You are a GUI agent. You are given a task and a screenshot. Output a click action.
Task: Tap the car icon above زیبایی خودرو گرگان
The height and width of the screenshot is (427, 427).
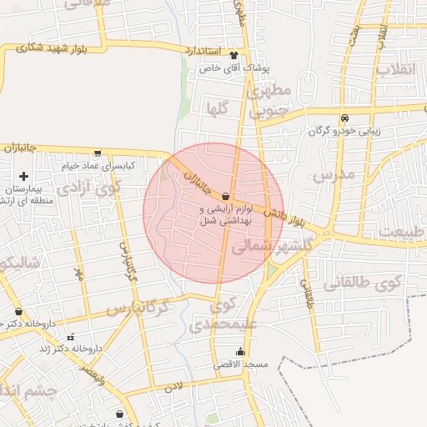[344, 118]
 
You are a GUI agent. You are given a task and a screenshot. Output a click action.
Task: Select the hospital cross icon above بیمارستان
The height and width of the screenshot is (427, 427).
[23, 176]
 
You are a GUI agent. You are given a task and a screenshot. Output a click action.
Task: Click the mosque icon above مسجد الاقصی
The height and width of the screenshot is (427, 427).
[241, 352]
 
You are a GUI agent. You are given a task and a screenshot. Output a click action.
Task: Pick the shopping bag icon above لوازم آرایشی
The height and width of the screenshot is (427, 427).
[226, 196]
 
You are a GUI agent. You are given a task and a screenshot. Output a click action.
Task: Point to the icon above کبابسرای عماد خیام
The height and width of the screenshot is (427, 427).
[98, 153]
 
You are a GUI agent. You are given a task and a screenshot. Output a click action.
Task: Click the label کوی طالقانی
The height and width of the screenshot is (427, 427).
[362, 283]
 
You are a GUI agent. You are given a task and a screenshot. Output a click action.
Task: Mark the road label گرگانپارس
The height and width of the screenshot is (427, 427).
[138, 309]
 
